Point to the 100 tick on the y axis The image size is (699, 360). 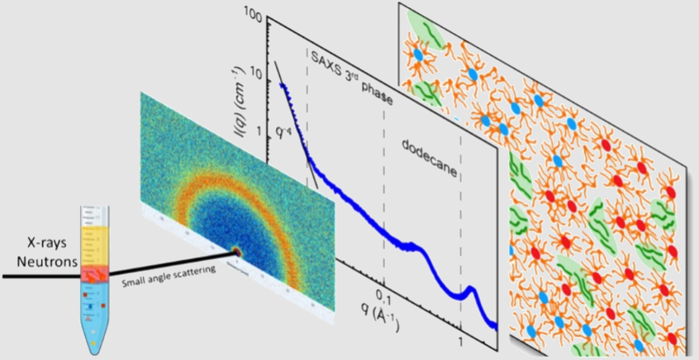coord(253,17)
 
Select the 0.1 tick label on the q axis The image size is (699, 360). coord(383,295)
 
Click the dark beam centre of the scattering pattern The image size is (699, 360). coord(236,251)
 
